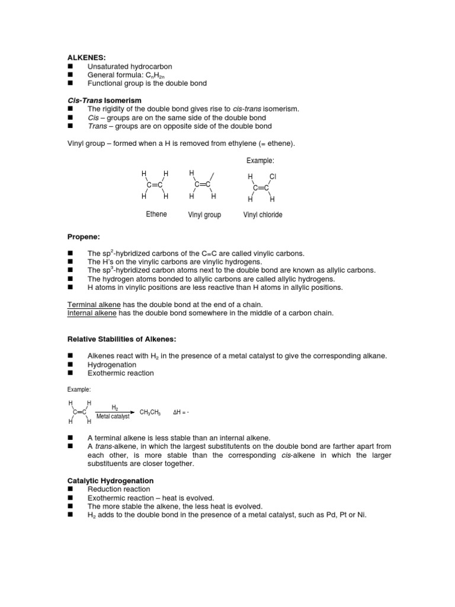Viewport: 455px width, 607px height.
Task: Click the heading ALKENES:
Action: click(85, 58)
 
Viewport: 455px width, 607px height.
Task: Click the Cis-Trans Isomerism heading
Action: click(104, 101)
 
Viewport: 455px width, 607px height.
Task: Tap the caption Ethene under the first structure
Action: click(156, 214)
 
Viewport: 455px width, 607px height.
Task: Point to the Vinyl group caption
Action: click(204, 215)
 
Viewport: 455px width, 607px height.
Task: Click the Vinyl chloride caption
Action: click(262, 215)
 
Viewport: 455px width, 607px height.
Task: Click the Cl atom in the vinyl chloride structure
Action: click(273, 177)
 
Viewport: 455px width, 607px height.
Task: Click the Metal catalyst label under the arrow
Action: click(113, 417)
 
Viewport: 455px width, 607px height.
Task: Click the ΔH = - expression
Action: click(184, 412)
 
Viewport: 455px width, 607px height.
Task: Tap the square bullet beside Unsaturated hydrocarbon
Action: click(69, 67)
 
